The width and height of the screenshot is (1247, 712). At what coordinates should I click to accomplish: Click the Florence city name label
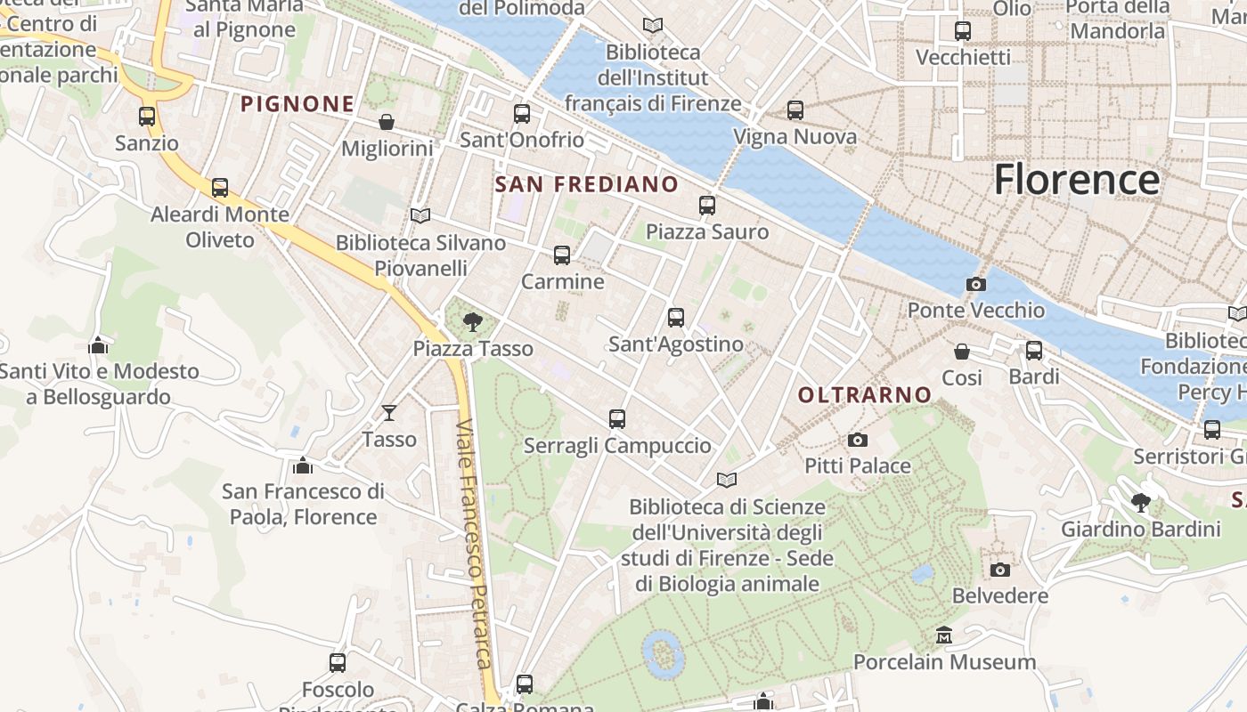pos(1076,179)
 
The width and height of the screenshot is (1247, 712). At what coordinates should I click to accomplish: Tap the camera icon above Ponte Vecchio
pos(976,285)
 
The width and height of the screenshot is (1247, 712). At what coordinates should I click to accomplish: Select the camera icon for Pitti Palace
pos(858,440)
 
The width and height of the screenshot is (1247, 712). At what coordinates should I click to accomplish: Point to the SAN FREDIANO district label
pos(586,184)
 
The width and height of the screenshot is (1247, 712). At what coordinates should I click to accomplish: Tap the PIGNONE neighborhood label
pos(297,104)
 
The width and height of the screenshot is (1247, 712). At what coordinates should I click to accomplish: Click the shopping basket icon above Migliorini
pos(387,122)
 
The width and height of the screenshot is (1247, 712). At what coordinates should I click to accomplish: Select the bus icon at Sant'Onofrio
pos(522,114)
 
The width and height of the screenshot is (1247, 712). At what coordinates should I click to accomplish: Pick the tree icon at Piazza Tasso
pos(473,321)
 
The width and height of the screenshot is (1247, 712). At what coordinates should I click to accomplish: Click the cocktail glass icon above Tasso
pos(389,412)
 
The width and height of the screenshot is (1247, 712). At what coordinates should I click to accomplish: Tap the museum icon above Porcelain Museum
pos(944,635)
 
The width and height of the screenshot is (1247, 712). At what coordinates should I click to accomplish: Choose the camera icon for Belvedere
pos(1000,570)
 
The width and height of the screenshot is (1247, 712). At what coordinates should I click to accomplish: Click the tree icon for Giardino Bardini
pos(1140,503)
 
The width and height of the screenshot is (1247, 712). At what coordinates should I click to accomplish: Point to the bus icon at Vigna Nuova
pos(795,110)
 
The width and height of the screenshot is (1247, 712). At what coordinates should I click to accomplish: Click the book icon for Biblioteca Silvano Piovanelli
pos(420,215)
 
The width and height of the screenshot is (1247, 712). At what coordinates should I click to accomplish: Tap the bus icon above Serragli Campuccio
pos(617,418)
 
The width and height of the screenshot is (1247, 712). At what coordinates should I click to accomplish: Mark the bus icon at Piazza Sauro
pos(707,206)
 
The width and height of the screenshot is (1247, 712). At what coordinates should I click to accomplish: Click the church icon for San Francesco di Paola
pos(303,465)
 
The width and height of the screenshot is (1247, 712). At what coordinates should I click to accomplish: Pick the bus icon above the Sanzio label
pos(147,117)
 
